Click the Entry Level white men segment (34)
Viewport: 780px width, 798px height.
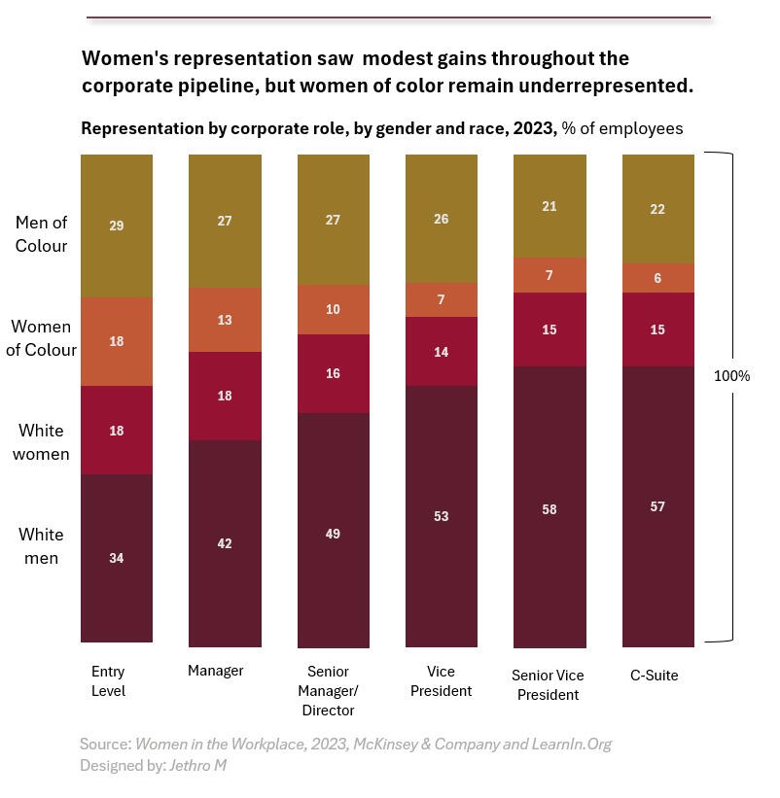click(116, 558)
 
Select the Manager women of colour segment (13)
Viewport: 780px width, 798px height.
click(225, 320)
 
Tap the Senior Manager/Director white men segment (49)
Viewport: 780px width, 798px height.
click(333, 533)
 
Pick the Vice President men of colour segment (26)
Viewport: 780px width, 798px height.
click(441, 219)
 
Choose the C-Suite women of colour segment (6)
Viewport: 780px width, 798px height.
click(657, 278)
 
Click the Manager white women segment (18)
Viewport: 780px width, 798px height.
click(225, 396)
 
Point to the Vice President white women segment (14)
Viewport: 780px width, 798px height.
click(441, 352)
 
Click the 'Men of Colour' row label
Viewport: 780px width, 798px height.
click(41, 234)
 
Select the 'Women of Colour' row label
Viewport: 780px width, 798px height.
click(41, 338)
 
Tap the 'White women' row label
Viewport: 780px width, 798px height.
click(41, 442)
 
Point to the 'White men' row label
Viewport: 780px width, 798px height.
click(41, 546)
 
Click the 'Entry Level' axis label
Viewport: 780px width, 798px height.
click(108, 681)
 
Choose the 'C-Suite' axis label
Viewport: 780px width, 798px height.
click(654, 675)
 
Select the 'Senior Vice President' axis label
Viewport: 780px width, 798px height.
click(548, 685)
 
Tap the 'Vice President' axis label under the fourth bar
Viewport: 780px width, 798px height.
click(441, 681)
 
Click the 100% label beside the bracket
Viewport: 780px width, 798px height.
click(732, 375)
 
